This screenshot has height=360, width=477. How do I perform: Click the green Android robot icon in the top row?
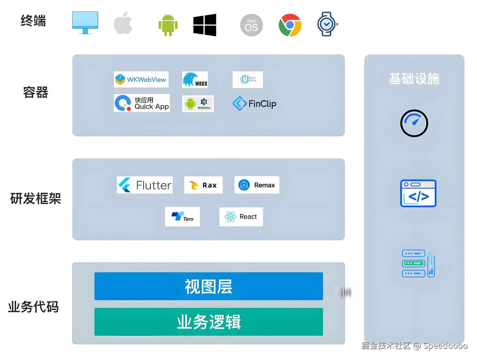pos(168,25)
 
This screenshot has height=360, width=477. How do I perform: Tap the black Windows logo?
pos(205,25)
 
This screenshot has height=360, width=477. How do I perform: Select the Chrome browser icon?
pos(290,25)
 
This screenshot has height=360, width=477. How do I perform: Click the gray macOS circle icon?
pos(251,25)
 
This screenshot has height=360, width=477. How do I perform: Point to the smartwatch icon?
pos(327,24)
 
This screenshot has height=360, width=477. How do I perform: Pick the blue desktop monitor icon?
pos(85,23)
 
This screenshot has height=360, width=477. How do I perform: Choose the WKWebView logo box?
pos(141,79)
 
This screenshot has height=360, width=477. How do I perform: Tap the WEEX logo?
pos(195,80)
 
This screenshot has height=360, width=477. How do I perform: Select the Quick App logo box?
pos(142,103)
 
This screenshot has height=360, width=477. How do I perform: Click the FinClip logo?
pos(254,104)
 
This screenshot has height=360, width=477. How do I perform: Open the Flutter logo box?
pos(145,185)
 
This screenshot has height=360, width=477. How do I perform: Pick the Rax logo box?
pos(203,185)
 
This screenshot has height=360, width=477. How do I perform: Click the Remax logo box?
pos(257,185)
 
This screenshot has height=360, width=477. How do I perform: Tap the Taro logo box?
pos(183,217)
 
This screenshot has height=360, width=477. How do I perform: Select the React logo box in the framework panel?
pos(241,217)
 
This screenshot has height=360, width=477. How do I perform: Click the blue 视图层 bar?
pos(209,286)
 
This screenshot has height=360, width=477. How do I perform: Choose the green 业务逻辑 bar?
pos(209,322)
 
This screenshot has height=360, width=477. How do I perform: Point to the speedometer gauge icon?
pos(414,123)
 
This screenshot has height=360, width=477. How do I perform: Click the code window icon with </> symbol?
pos(418,193)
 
